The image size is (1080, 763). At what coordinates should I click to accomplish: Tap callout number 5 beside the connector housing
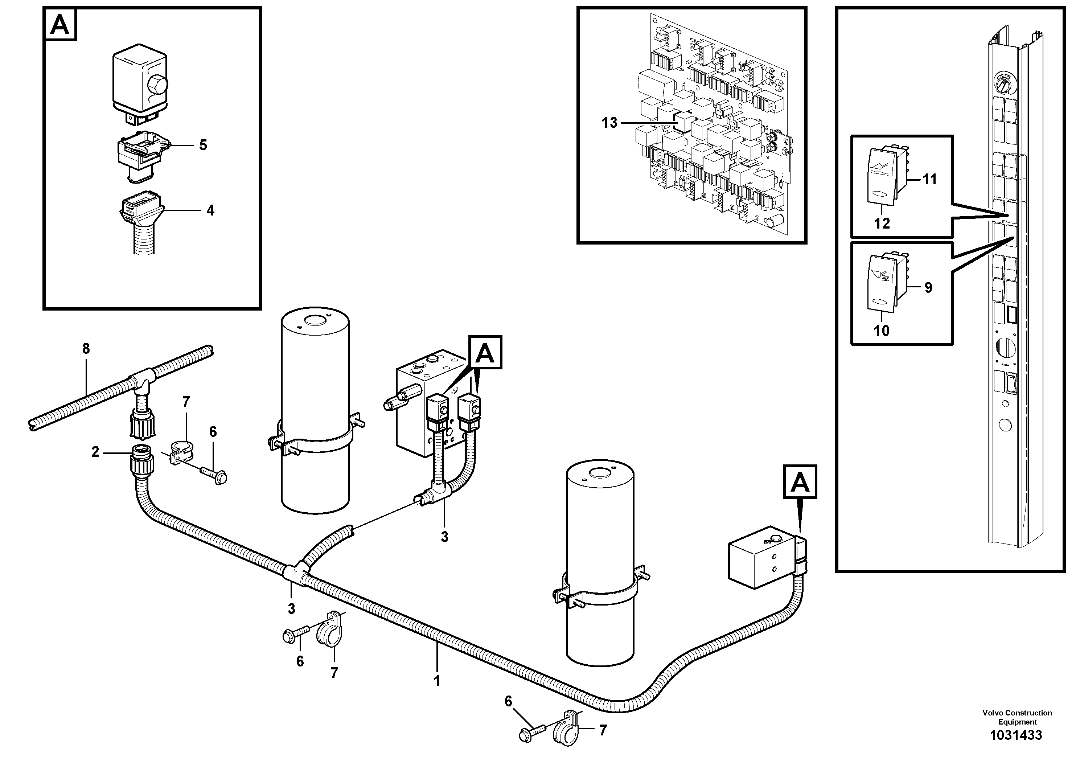point(203,145)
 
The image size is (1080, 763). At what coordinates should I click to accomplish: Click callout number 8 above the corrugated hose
point(86,349)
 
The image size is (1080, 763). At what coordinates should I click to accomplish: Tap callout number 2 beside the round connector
point(95,452)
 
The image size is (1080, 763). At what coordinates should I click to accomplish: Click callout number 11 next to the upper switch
point(929,179)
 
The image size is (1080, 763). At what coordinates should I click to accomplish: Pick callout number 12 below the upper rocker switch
point(882,223)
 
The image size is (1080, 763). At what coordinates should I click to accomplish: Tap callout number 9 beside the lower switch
point(928,287)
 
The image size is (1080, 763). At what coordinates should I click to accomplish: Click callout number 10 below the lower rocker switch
point(882,331)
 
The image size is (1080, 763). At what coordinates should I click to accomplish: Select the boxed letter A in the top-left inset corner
point(60,24)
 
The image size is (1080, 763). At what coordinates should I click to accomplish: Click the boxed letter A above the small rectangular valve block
point(800,482)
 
